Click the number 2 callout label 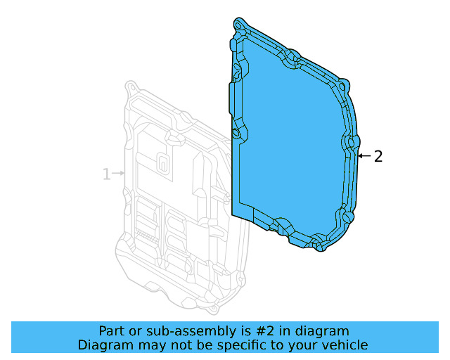tap(378, 156)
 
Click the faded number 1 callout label tap(107, 174)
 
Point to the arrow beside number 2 tap(364, 156)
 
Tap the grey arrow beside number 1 tap(120, 173)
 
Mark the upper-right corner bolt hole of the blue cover tap(342, 86)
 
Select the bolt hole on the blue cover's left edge tap(237, 132)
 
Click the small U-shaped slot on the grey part tap(162, 162)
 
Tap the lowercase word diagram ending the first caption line tap(322, 330)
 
